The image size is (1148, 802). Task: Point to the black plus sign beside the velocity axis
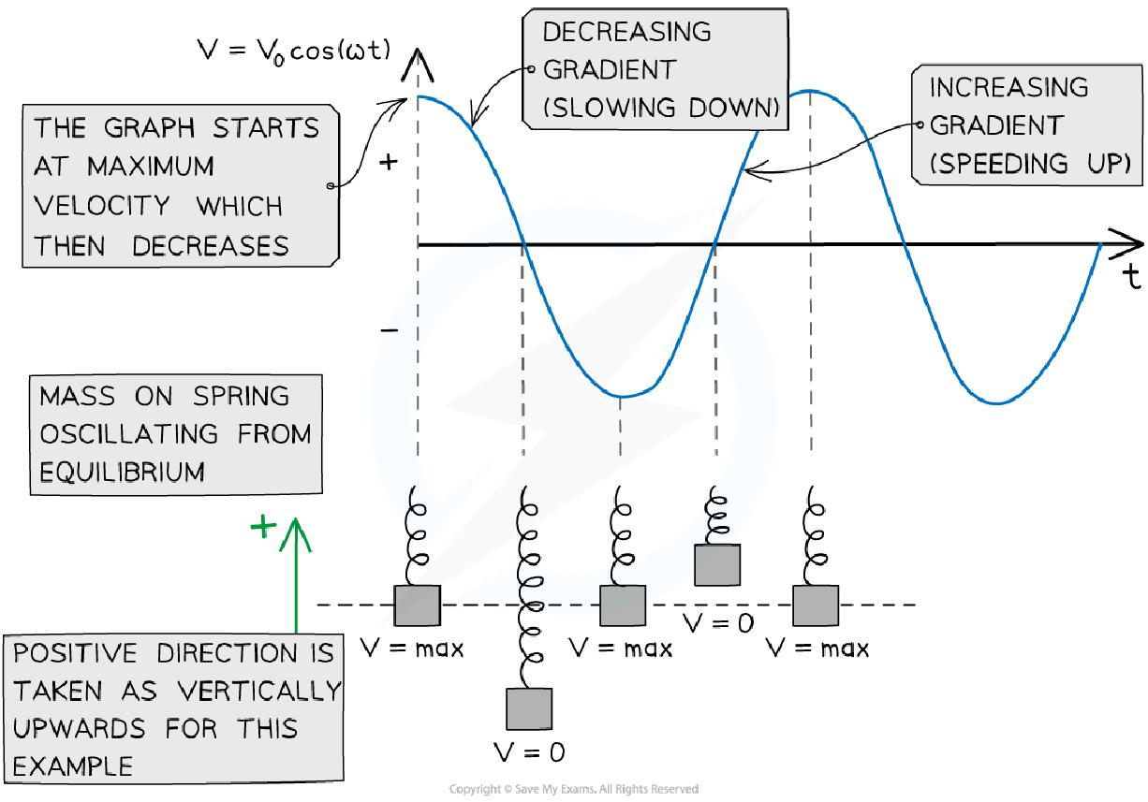point(388,163)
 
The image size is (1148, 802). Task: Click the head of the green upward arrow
point(296,529)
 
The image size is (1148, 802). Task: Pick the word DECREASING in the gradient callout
point(626,32)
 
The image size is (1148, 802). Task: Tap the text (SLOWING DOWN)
point(661,109)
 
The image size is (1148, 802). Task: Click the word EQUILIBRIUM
point(122,472)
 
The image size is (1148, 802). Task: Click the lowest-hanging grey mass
point(529,708)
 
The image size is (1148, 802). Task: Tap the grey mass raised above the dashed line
point(717,565)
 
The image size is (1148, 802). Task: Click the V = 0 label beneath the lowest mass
point(530,751)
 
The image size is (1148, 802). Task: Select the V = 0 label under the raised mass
point(719,621)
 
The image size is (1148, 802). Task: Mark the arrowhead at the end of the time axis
point(1127,244)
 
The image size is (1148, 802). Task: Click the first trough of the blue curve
point(620,396)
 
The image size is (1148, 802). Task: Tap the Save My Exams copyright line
point(573,790)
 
